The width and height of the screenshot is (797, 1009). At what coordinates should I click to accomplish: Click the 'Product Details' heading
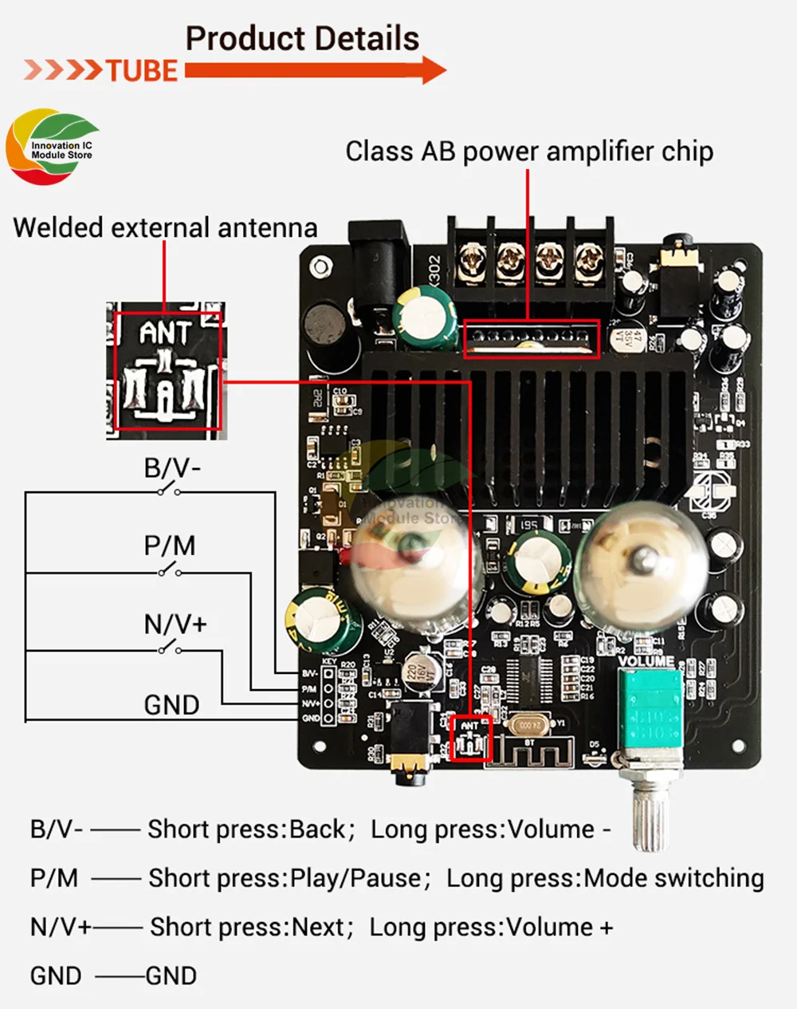click(302, 38)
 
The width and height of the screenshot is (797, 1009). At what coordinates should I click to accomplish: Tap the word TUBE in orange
click(142, 71)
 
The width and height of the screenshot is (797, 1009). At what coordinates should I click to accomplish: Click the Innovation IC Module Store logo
click(53, 148)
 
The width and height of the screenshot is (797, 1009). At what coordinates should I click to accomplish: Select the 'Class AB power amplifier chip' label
click(529, 152)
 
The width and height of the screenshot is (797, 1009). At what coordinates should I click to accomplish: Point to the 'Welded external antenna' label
click(165, 228)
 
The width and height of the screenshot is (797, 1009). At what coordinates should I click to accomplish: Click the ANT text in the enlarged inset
click(165, 332)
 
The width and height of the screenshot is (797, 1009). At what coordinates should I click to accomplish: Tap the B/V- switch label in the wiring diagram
click(172, 468)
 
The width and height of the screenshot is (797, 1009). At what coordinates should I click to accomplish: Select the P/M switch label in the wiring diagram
click(170, 546)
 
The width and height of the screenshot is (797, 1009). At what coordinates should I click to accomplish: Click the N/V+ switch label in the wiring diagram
click(175, 624)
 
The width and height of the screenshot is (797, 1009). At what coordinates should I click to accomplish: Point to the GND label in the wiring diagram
click(171, 705)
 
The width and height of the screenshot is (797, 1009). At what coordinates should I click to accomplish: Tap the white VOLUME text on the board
click(646, 661)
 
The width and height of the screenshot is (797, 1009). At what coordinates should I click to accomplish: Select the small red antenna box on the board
click(469, 739)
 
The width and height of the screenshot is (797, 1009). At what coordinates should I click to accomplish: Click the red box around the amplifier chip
click(532, 339)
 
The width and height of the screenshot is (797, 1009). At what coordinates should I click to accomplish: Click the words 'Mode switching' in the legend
click(673, 878)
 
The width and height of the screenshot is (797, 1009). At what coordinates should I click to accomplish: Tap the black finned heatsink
click(526, 423)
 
